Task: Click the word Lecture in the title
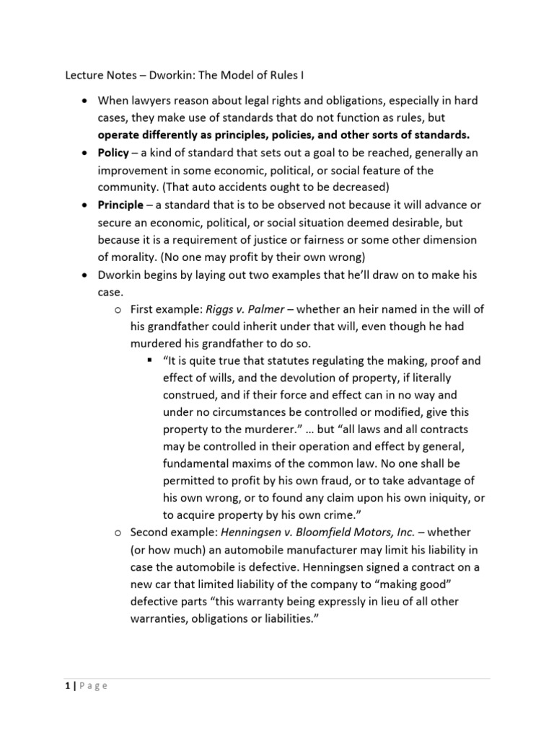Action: tap(84, 74)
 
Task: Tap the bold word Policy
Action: tap(115, 153)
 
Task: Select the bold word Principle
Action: tap(120, 205)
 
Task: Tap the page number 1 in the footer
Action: tap(67, 685)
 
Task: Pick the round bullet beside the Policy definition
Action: tap(85, 154)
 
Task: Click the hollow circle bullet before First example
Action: tap(118, 309)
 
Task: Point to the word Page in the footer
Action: tap(93, 685)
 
